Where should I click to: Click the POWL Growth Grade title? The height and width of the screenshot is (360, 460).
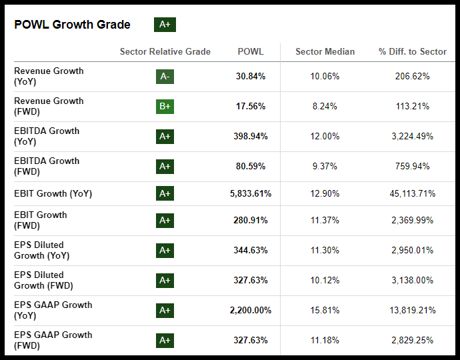click(x=72, y=25)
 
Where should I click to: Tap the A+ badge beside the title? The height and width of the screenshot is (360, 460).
click(x=165, y=25)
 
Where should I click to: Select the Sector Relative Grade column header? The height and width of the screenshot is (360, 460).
click(x=165, y=51)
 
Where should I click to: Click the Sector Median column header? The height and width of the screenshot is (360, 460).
click(x=325, y=51)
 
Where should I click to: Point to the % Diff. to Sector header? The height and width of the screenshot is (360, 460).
click(x=412, y=51)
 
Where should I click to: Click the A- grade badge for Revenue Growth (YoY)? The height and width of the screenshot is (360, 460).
click(x=165, y=77)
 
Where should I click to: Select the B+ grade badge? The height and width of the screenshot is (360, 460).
click(x=165, y=107)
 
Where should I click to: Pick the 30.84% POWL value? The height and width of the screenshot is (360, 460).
click(x=251, y=77)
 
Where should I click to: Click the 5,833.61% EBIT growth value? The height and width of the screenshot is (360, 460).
click(x=251, y=194)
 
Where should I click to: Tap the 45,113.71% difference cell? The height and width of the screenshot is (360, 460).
click(x=412, y=194)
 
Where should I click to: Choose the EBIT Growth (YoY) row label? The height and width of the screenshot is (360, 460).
click(x=53, y=194)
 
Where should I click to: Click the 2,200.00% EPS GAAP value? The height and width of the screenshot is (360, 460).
click(x=251, y=311)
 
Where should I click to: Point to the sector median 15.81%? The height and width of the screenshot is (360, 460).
click(x=325, y=311)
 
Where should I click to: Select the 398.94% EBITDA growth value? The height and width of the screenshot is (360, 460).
click(x=251, y=137)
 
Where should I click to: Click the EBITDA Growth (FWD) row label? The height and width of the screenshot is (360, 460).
click(x=47, y=166)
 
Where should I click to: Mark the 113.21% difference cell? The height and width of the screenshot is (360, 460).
click(x=412, y=107)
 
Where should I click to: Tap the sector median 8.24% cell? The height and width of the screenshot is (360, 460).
click(x=325, y=107)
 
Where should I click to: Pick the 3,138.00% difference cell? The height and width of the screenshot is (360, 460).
click(x=412, y=281)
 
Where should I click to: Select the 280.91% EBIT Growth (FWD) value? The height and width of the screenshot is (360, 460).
click(x=251, y=221)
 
